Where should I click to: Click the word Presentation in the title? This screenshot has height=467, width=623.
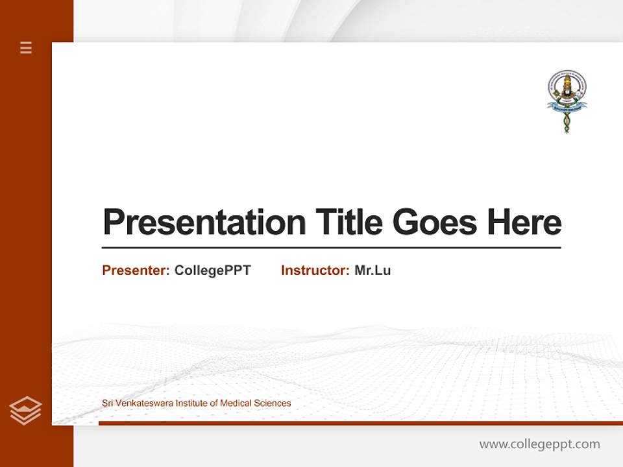click(x=204, y=222)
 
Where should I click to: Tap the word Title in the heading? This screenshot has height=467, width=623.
click(x=348, y=222)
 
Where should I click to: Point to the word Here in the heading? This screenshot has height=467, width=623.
click(x=524, y=222)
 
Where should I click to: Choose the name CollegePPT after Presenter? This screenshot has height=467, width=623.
click(x=212, y=270)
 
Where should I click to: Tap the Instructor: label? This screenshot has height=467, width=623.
click(x=315, y=270)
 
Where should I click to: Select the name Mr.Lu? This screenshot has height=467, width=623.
click(x=373, y=270)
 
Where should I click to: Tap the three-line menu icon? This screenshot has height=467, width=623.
click(x=26, y=47)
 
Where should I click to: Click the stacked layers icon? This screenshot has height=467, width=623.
click(x=25, y=411)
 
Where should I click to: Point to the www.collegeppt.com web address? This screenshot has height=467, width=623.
click(x=539, y=444)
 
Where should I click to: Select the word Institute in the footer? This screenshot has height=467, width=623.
click(x=192, y=403)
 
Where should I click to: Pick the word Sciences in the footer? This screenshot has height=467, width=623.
click(x=273, y=403)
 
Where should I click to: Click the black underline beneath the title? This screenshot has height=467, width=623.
click(x=331, y=248)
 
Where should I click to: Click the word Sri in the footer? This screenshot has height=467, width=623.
click(x=108, y=403)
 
